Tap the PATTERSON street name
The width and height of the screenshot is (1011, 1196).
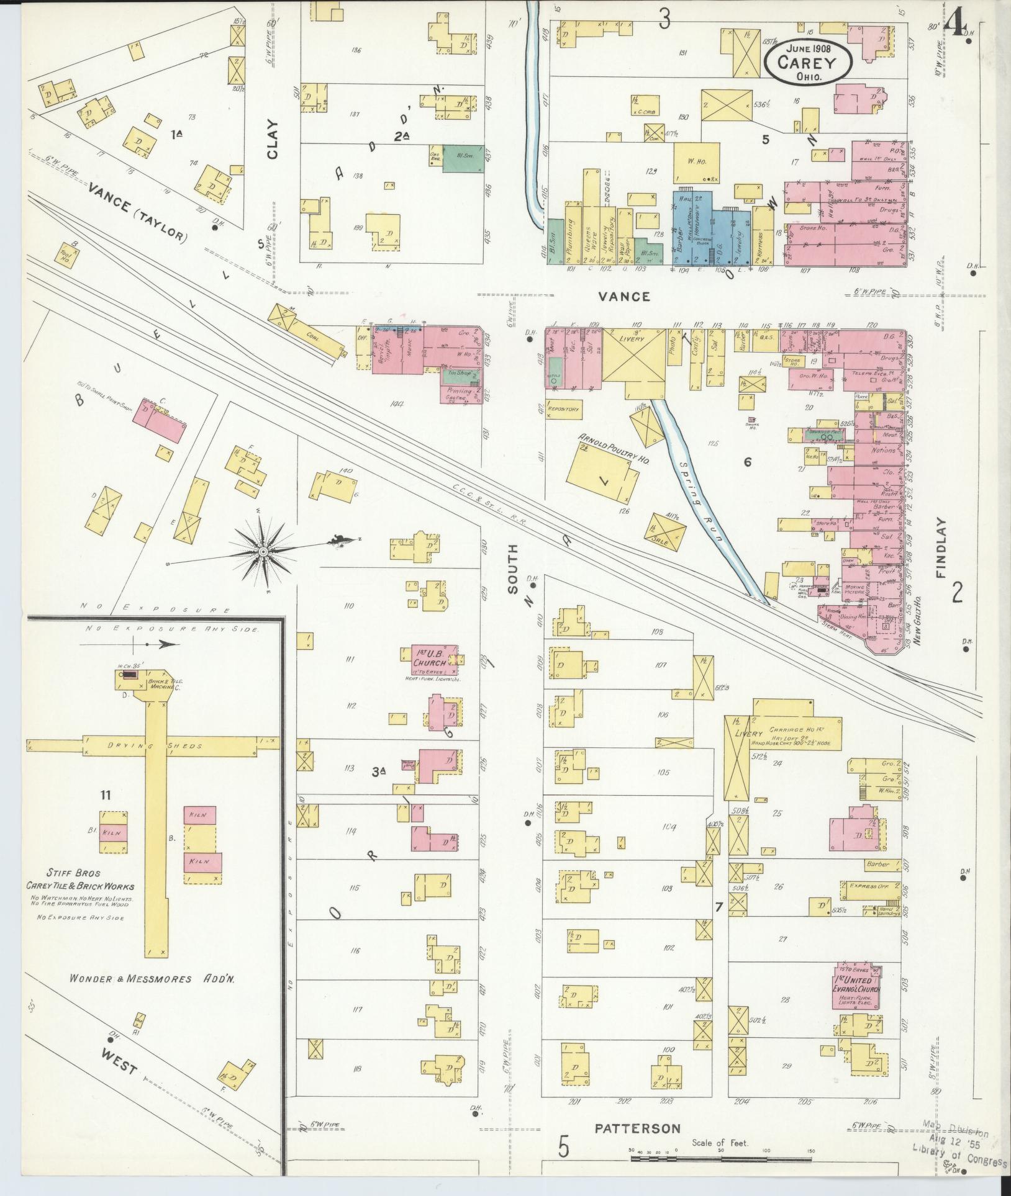pyautogui.click(x=637, y=1129)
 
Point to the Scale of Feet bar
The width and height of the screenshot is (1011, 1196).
pyautogui.click(x=720, y=1158)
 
